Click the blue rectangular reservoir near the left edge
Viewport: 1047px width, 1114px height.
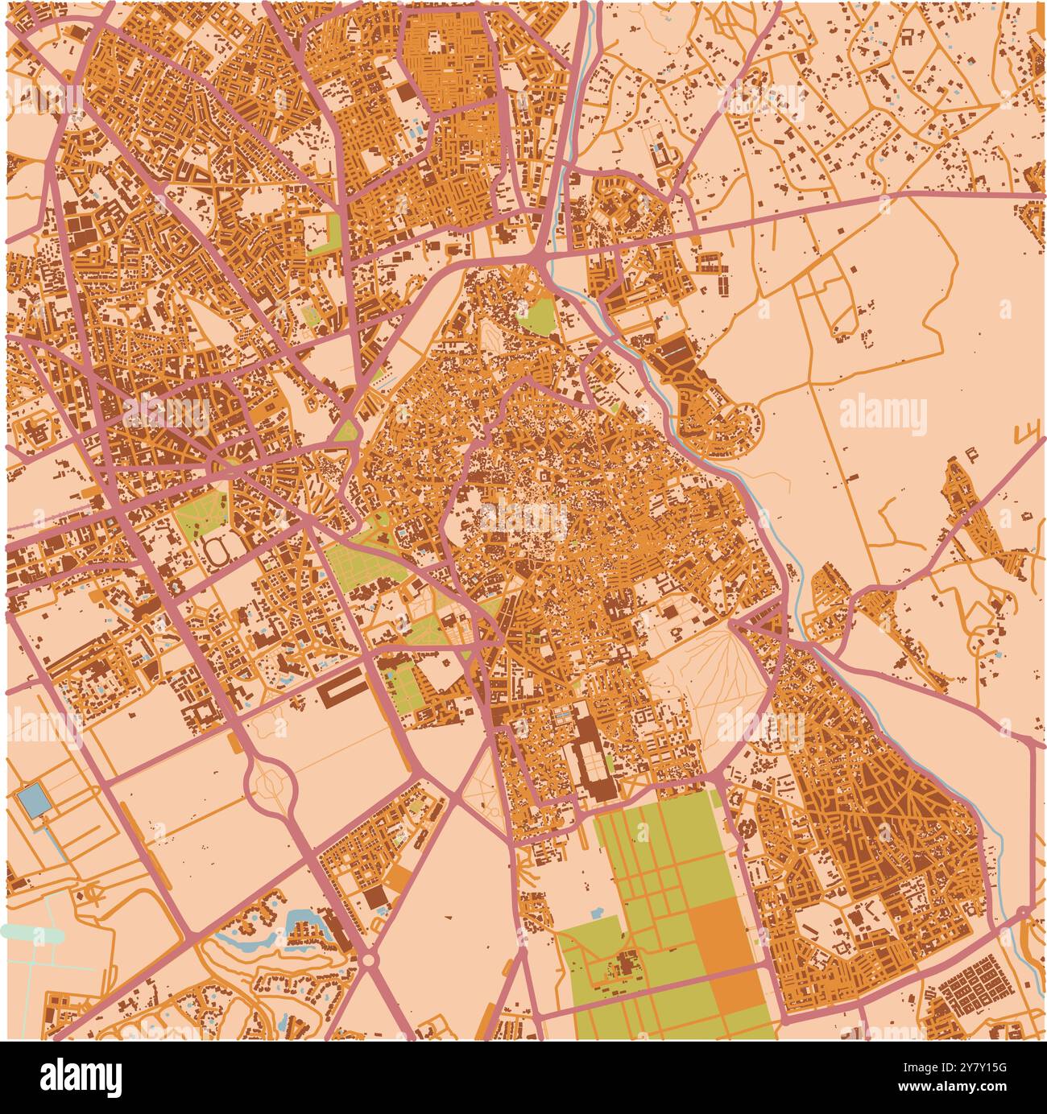[32, 802]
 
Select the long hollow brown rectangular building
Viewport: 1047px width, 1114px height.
[341, 690]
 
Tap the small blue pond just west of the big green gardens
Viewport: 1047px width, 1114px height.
[597, 914]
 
